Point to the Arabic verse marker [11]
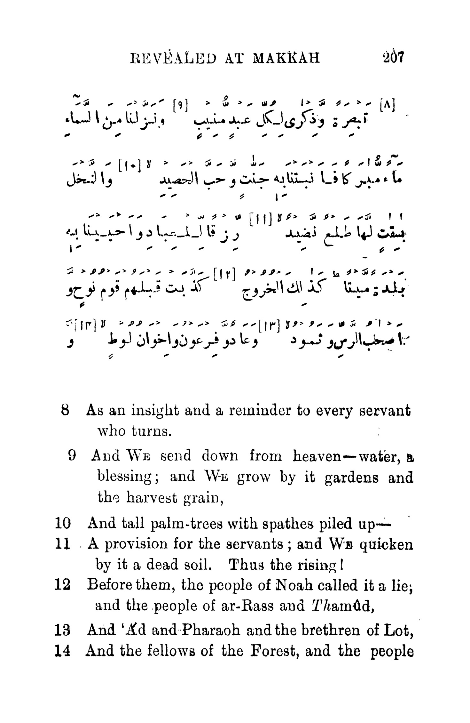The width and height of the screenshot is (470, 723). click(x=259, y=220)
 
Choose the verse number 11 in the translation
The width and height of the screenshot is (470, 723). click(x=62, y=544)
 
